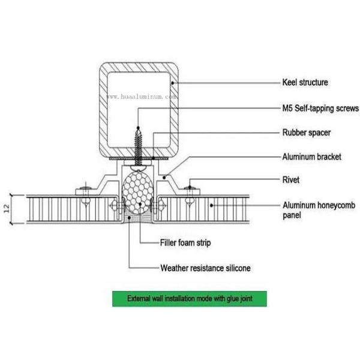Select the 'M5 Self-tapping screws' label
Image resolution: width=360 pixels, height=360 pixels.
click(x=320, y=109)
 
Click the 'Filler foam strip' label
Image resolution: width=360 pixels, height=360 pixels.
click(x=185, y=243)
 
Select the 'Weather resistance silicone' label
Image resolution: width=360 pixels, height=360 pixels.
click(x=205, y=268)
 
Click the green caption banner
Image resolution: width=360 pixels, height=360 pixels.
click(x=188, y=298)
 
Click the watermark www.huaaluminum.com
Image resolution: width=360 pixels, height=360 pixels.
click(x=142, y=96)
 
